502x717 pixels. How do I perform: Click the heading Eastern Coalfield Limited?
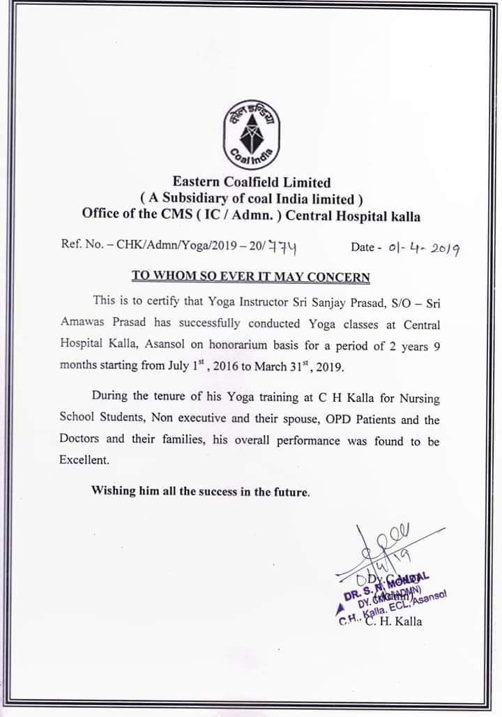251,183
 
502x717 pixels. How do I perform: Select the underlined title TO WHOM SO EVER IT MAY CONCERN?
251,276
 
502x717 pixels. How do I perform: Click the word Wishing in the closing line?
113,490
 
